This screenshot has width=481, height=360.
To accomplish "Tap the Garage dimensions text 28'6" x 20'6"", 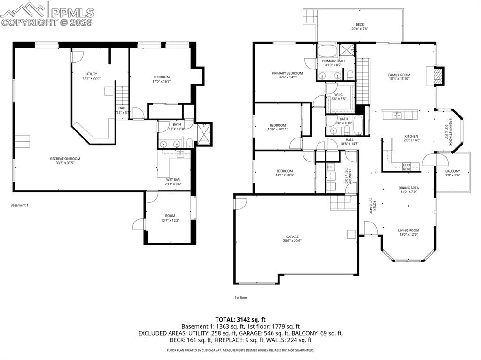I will click(292, 241).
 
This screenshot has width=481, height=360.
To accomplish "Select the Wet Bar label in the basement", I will click(173, 179).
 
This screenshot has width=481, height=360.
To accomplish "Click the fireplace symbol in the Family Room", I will click(438, 76).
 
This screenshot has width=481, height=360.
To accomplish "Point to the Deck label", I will click(359, 25).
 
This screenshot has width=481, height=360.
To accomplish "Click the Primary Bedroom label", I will click(287, 73).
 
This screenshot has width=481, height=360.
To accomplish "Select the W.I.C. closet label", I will click(337, 94).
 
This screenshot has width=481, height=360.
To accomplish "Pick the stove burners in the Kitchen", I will click(406, 165).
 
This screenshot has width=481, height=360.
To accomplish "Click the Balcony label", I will click(452, 171).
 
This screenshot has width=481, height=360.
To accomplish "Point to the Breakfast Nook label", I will click(450, 131).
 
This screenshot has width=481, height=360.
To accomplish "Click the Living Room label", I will click(408, 230).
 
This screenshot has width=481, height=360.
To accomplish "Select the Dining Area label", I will click(408, 188).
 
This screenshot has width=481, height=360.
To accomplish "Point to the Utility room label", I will click(91, 74).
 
